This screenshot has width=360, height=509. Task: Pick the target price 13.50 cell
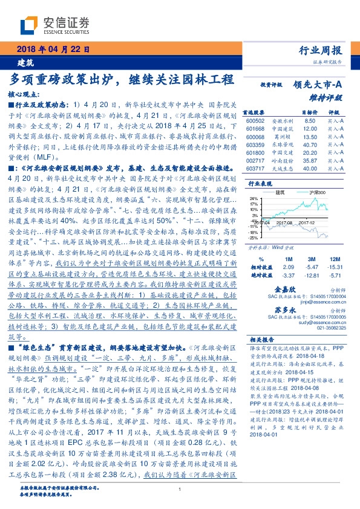point(310,137)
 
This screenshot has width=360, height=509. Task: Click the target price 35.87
point(310,161)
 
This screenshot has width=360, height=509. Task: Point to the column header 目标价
point(310,113)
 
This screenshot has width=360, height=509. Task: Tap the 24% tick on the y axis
point(250,198)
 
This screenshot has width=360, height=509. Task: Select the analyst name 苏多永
point(301,310)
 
